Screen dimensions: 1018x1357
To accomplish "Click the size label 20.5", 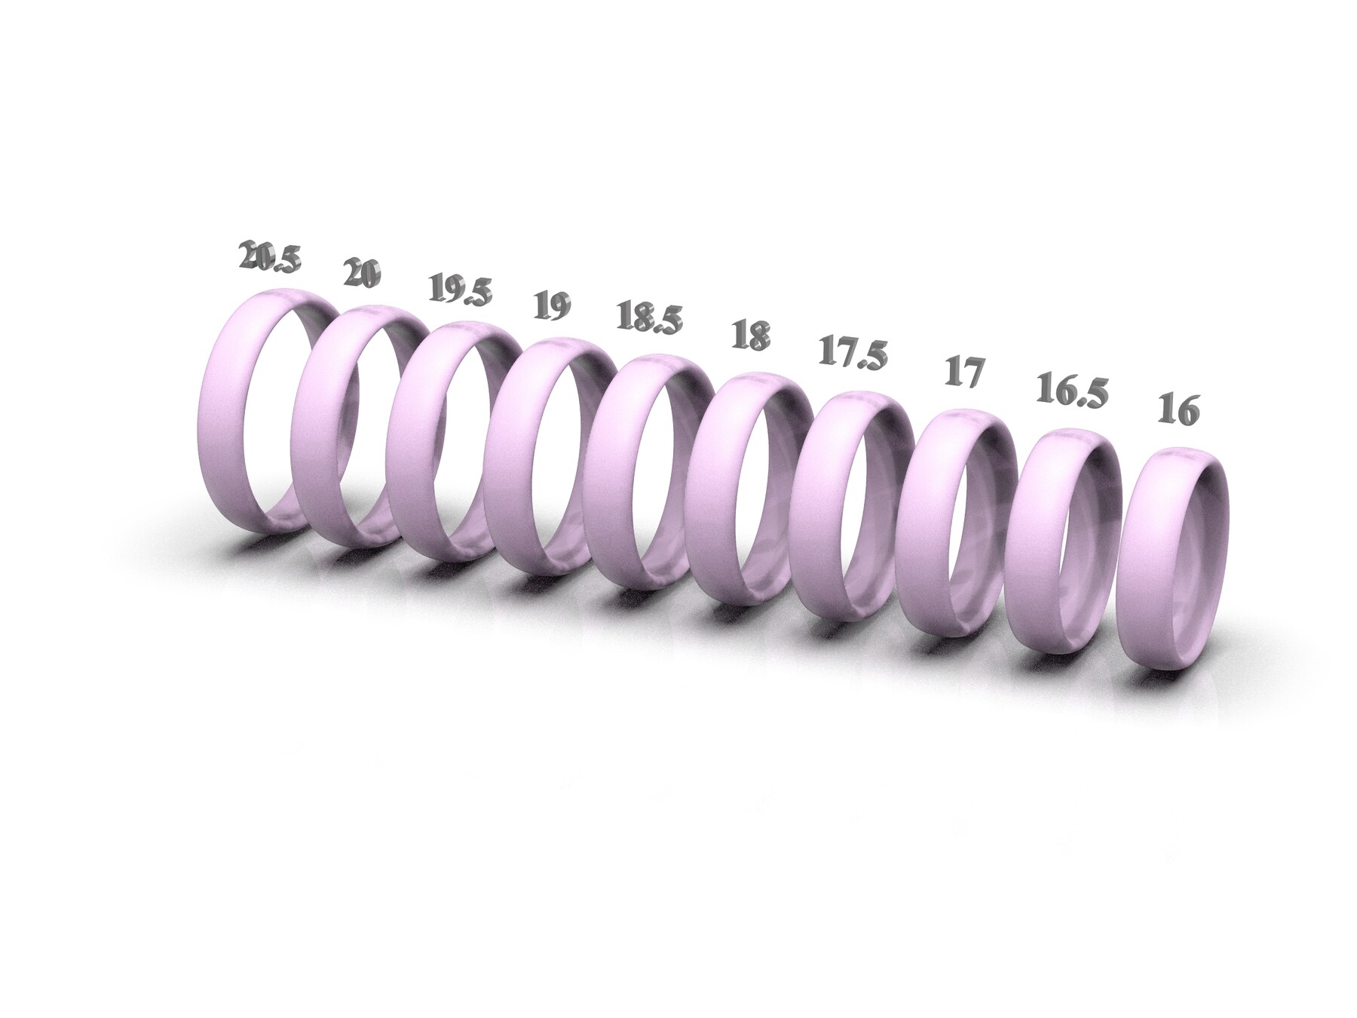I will pyautogui.click(x=269, y=257).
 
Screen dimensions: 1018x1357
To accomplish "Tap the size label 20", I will pyautogui.click(x=361, y=273).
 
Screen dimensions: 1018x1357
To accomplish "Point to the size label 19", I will pyautogui.click(x=552, y=305).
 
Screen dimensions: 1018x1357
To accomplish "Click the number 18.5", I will pyautogui.click(x=646, y=317).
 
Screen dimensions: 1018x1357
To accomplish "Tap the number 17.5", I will pyautogui.click(x=853, y=354).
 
